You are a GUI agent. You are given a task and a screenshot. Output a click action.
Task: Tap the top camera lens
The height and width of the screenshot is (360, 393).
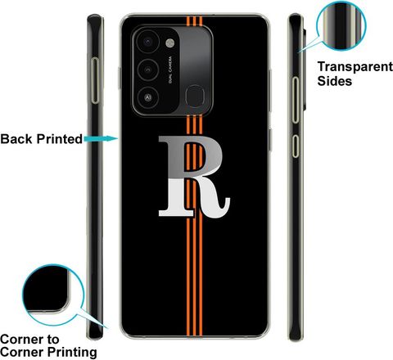[147, 42]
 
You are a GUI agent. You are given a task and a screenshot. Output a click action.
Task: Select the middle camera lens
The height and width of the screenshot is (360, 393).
[147, 70]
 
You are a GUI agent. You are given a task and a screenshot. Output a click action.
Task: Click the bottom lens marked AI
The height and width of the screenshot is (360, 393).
[147, 97]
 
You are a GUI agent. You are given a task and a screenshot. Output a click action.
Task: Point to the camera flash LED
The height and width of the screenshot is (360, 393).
[169, 43]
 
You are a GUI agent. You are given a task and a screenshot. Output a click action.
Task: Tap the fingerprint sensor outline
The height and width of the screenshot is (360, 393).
[195, 97]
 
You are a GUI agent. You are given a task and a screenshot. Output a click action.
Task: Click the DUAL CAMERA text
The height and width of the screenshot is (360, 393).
[170, 70]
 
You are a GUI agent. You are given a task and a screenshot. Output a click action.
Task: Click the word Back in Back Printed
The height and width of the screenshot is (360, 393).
[17, 139]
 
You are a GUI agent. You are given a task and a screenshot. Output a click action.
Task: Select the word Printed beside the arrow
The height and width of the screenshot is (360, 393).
[60, 139]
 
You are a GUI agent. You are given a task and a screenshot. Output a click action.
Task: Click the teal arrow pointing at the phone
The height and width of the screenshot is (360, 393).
[101, 138]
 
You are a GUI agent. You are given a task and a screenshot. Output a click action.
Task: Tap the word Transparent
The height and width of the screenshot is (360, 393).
[355, 67]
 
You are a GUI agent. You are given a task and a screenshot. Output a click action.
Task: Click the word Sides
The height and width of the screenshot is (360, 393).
[335, 81]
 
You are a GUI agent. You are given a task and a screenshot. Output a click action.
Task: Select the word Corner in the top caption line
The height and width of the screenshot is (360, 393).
[21, 340]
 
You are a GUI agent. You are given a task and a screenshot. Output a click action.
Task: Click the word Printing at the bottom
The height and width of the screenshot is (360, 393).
[73, 353]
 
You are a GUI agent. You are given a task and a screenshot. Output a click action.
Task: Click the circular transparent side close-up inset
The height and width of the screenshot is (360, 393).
[341, 25]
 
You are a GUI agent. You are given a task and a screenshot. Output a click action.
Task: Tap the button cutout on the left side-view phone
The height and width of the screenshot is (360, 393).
[95, 80]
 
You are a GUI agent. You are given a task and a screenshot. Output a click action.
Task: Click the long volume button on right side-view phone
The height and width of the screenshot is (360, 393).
[296, 100]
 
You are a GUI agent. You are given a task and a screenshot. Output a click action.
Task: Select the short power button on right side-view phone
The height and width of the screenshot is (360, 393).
[296, 146]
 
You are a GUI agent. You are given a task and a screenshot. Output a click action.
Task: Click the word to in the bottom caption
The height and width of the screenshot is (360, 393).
[52, 340]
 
